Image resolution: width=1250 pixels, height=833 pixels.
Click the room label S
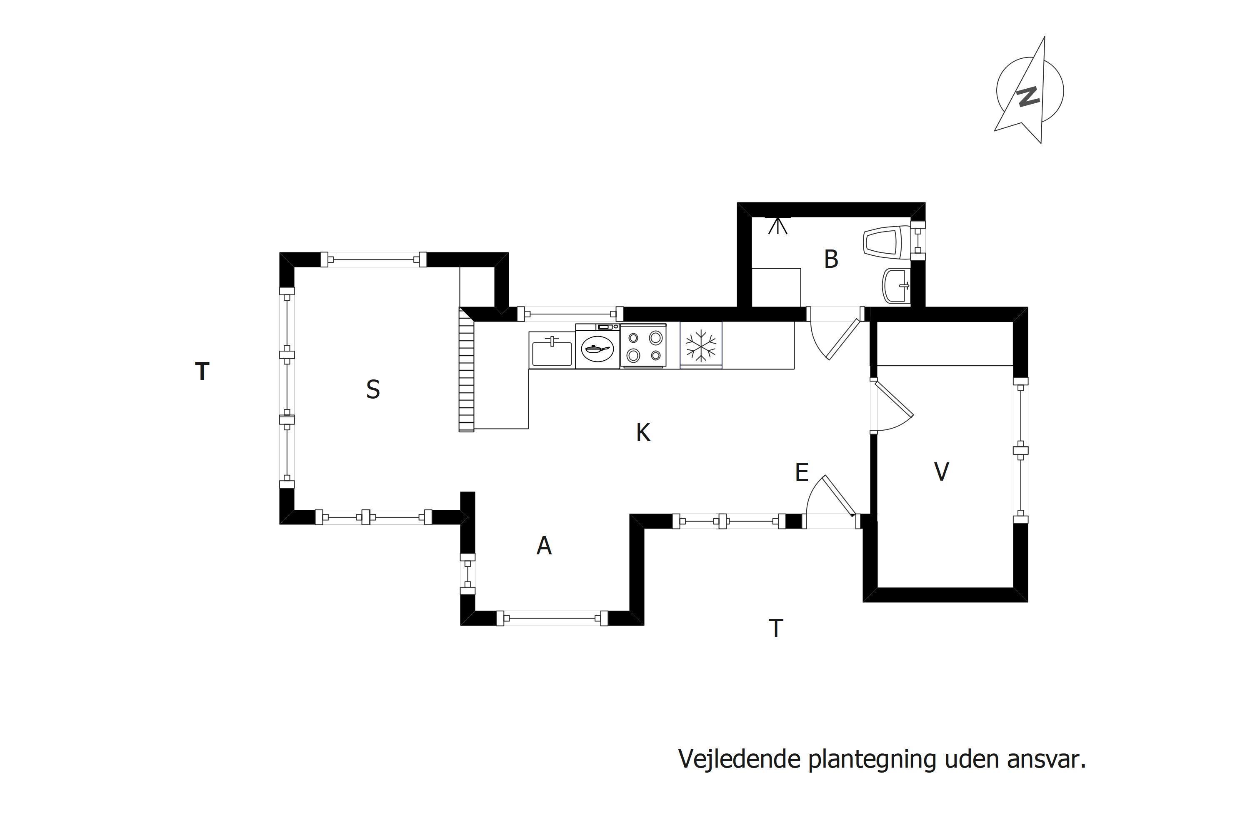pyautogui.click(x=373, y=390)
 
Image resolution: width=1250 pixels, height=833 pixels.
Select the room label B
pyautogui.click(x=831, y=259)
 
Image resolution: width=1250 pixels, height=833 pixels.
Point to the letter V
pyautogui.click(x=941, y=472)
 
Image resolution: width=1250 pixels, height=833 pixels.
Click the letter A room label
pyautogui.click(x=544, y=546)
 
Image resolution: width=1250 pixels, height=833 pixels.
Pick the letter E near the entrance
pyautogui.click(x=801, y=472)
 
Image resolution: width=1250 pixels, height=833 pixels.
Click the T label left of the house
pyautogui.click(x=202, y=372)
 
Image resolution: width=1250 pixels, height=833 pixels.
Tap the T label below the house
pyautogui.click(x=776, y=628)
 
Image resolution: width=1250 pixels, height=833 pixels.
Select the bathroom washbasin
pyautogui.click(x=897, y=286)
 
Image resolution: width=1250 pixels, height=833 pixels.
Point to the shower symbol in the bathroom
pyautogui.click(x=777, y=226)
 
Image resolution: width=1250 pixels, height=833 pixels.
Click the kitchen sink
pyautogui.click(x=552, y=351)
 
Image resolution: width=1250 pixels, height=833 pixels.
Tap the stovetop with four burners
pyautogui.click(x=643, y=346)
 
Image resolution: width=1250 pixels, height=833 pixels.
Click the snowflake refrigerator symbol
pyautogui.click(x=701, y=345)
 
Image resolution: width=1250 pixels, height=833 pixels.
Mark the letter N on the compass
pyautogui.click(x=1028, y=96)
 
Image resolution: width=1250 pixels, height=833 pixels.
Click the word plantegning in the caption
pyautogui.click(x=872, y=760)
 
